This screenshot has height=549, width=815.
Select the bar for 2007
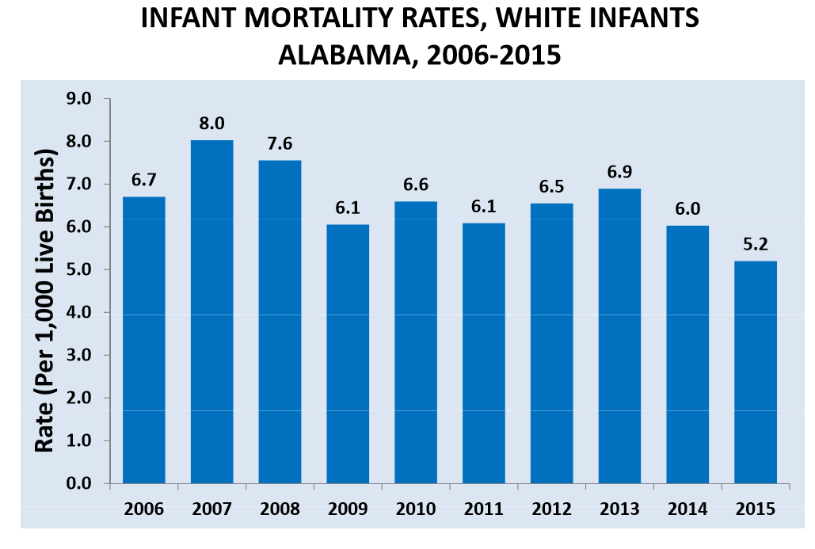(x=211, y=311)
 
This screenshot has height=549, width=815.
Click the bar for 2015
(x=755, y=372)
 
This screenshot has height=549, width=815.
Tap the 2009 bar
(x=348, y=353)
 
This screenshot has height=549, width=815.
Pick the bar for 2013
(x=619, y=335)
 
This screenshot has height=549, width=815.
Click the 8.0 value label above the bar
(x=211, y=123)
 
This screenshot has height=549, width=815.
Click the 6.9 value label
(x=619, y=171)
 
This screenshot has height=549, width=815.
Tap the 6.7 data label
(x=143, y=180)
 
